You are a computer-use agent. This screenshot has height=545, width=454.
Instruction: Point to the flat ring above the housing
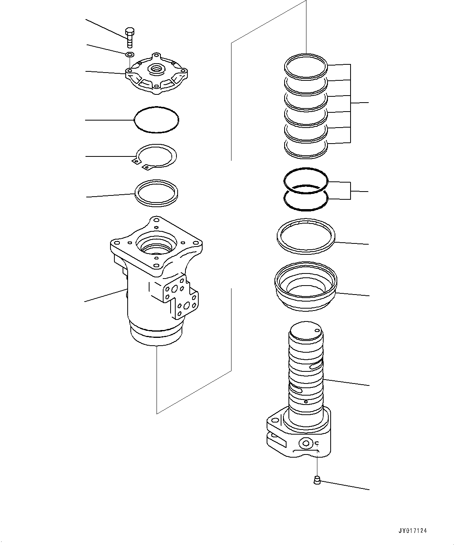(x=156, y=192)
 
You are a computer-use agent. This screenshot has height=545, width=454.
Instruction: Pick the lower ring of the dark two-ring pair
(x=306, y=199)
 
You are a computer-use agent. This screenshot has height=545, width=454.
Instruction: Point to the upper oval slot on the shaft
(x=315, y=366)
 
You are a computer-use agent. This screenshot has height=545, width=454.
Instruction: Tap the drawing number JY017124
(x=412, y=531)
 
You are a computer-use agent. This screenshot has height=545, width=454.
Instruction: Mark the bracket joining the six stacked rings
(x=351, y=103)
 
